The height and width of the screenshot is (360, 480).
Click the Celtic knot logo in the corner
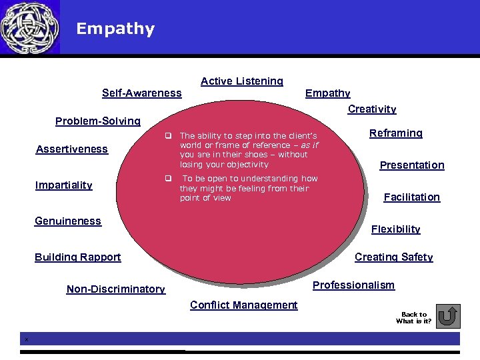click(x=29, y=27)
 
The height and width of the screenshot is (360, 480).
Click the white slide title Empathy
click(x=115, y=29)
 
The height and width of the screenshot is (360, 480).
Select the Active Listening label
click(x=241, y=81)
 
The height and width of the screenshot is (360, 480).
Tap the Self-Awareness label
click(x=141, y=93)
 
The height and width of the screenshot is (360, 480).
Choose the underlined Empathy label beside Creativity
click(x=327, y=93)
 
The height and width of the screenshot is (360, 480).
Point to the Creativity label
click(x=372, y=109)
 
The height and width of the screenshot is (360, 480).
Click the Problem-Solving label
click(x=97, y=121)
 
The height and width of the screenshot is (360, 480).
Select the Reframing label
click(x=396, y=133)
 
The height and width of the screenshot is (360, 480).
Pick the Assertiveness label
click(x=71, y=149)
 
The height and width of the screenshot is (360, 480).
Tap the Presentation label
click(x=412, y=165)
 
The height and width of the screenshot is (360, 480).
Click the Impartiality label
click(x=63, y=185)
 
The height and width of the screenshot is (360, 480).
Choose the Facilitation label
click(x=412, y=197)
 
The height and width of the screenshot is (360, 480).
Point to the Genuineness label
click(x=68, y=221)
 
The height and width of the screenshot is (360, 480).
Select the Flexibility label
click(x=396, y=229)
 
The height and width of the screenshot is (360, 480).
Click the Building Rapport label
click(x=78, y=257)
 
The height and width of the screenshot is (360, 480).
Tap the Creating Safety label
click(x=393, y=257)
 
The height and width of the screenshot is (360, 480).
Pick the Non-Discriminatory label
click(x=116, y=289)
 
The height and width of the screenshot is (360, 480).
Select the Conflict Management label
click(x=243, y=305)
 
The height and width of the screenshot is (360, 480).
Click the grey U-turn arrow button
click(x=450, y=316)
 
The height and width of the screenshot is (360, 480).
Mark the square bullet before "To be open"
click(x=169, y=179)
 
